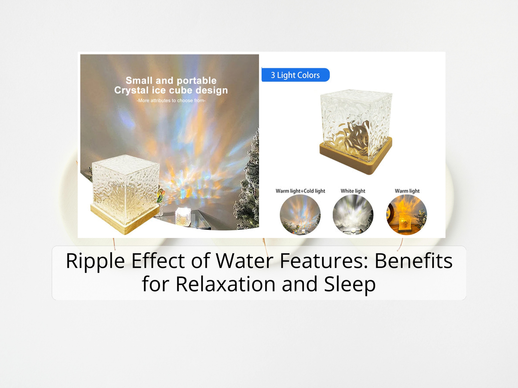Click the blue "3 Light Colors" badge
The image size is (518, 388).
pos(295,75)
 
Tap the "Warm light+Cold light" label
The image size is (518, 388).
pos(300,191)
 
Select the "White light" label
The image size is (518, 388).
pos(353,191)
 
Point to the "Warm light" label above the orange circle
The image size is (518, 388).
pos(407,191)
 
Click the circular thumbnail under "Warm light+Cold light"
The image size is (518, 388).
pos(300,215)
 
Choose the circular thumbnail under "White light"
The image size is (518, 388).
pos(353,215)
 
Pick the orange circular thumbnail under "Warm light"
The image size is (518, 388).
pos(407,215)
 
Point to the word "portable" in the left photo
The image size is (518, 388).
pos(194,80)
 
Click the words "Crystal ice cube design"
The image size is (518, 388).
pos(171,90)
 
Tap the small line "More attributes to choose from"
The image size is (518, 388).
pos(171,100)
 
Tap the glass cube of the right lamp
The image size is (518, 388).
pos(356,122)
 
